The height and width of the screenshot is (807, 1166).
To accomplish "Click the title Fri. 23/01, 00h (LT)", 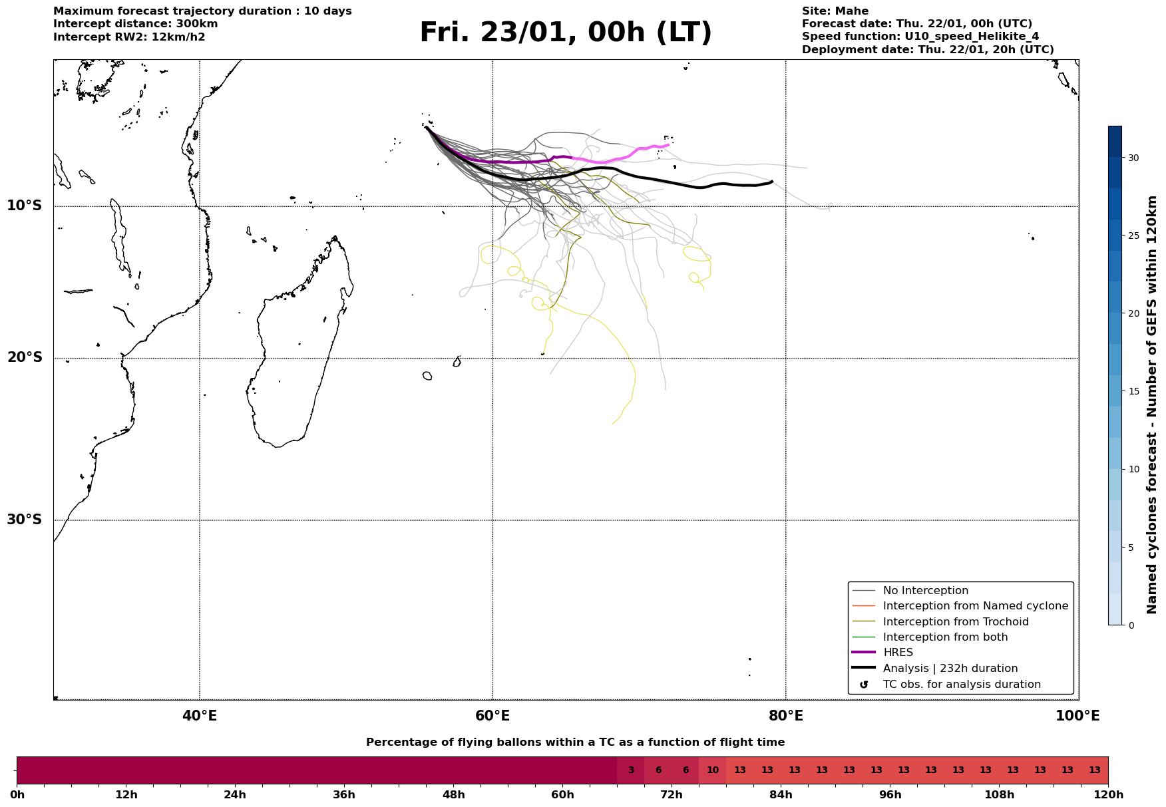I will coord(566,33).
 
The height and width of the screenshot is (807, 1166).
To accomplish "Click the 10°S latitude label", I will coord(25,206).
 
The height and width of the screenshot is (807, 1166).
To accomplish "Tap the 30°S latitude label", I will coord(25,520).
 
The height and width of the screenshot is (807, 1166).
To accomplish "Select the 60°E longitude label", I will coord(492,716).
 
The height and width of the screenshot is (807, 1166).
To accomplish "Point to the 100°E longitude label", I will coord(1077,716).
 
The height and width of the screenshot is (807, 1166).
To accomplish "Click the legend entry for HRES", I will coord(898,653).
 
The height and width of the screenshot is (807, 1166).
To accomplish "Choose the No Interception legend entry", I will coord(925,591).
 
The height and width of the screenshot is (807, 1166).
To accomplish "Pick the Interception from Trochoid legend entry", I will coord(955,622).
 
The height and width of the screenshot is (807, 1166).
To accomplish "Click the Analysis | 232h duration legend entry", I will coord(950,669).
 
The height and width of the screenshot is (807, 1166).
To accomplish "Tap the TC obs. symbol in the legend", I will coord(864,685).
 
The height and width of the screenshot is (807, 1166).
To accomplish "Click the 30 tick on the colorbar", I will coord(1133,158).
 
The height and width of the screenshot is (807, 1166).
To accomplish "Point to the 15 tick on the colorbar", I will coord(1133,391).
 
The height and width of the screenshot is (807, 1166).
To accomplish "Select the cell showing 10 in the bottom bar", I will coord(712,770).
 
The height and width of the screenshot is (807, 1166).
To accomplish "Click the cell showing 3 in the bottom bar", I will coord(631,770).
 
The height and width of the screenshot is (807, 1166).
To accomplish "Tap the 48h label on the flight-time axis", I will coord(454,795).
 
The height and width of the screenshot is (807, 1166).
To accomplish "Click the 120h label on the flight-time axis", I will coord(1108,795).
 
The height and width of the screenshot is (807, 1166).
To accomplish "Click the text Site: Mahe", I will coord(835,11).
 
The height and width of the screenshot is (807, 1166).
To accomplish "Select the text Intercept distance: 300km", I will coord(135,24).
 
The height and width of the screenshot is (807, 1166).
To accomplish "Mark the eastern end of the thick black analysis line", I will coord(771,182).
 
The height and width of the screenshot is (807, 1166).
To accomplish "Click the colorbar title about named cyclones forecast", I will coord(1152,404).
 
